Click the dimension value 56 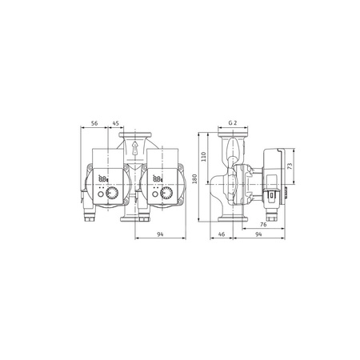[94, 124]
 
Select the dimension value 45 [116, 124]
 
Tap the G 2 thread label [233, 124]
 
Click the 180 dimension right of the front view [195, 178]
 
